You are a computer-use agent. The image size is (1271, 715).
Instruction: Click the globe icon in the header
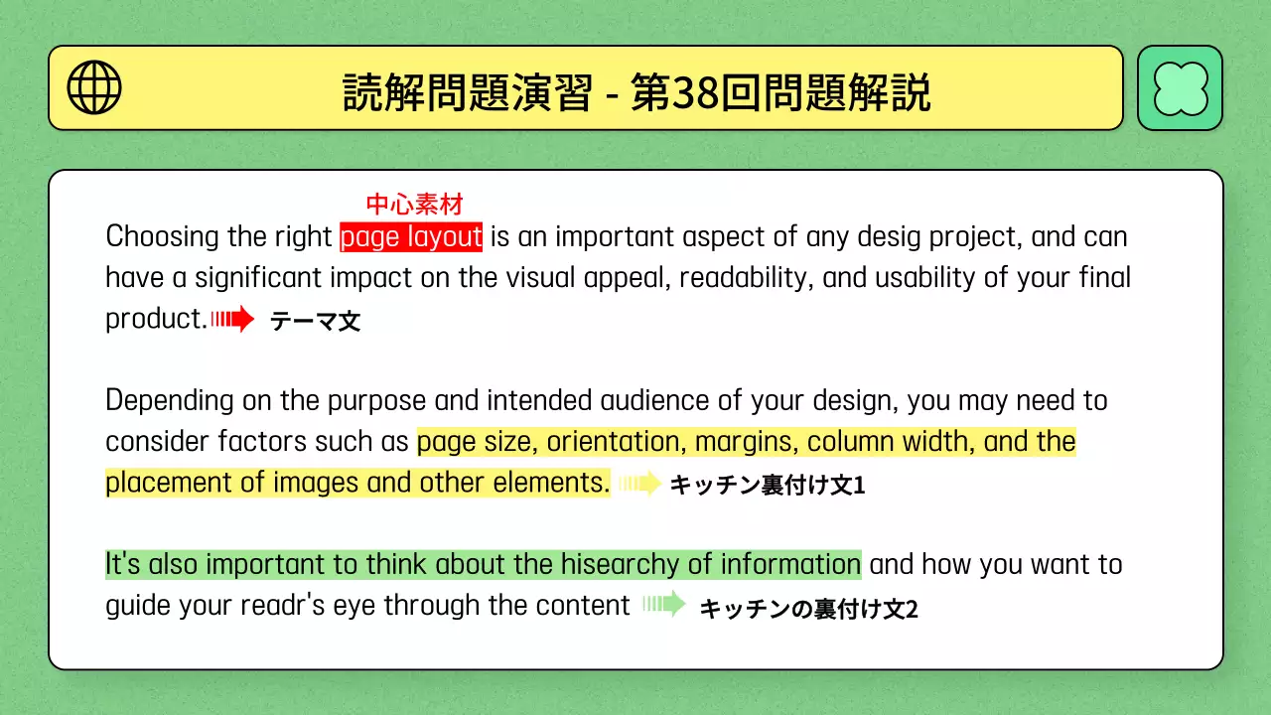(x=94, y=87)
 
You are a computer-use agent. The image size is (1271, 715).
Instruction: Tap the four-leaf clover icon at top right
(x=1180, y=87)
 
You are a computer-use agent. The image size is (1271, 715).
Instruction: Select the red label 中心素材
(x=414, y=206)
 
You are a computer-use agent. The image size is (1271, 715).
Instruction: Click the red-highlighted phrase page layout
(x=411, y=237)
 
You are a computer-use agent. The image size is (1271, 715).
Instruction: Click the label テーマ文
(x=315, y=321)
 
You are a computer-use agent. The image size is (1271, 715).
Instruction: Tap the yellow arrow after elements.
(x=639, y=484)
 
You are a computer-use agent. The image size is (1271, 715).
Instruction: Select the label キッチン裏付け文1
(x=768, y=486)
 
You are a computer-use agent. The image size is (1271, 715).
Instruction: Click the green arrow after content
(x=664, y=604)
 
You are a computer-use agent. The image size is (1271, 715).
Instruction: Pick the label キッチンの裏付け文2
(x=808, y=609)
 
